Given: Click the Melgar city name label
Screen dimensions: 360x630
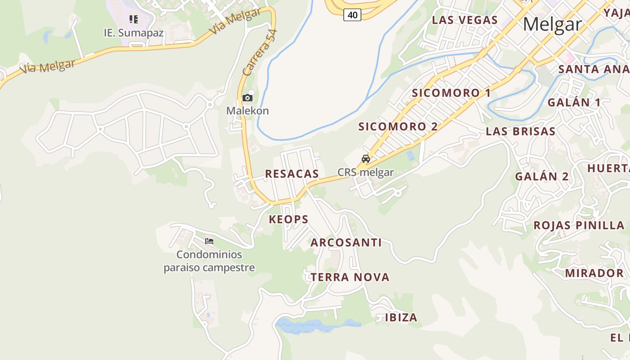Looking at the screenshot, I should (x=552, y=24).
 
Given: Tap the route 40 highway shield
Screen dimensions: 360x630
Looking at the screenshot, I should (x=352, y=15).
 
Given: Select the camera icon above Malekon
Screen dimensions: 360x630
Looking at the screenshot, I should (x=247, y=98).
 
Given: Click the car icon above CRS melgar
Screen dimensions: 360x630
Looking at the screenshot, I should (x=366, y=159).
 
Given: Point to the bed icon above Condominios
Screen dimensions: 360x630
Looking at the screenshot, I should (x=209, y=241).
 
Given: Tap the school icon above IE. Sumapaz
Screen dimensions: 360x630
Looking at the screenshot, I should (x=133, y=19).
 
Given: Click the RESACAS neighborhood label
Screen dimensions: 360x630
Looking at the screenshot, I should (x=292, y=174).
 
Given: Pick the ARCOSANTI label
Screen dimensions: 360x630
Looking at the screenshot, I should (x=346, y=243).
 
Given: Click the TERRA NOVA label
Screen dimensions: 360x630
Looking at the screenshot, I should (x=350, y=277).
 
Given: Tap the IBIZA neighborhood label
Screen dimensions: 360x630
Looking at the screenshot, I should (x=401, y=317).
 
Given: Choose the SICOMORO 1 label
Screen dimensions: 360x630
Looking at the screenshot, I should (x=451, y=93).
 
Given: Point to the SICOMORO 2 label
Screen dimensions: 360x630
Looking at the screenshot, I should (x=398, y=126).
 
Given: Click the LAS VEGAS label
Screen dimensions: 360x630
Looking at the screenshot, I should (x=465, y=20).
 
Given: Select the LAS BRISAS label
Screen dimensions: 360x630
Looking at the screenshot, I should (x=521, y=131).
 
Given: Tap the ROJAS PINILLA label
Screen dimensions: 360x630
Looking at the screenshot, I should (x=579, y=225).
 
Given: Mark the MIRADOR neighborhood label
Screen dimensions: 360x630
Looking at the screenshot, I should (x=594, y=273).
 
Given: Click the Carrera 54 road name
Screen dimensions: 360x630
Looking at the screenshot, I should (x=260, y=53).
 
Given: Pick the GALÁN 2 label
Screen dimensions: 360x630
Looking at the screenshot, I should (x=542, y=176).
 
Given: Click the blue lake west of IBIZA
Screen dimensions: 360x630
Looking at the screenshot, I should (x=315, y=325).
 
